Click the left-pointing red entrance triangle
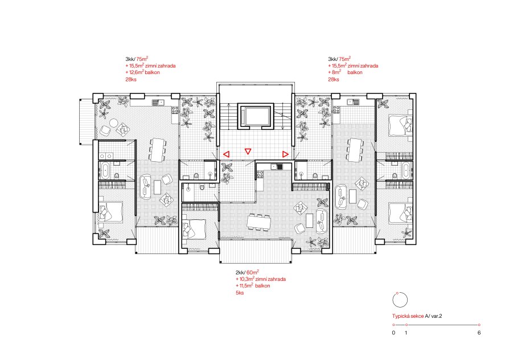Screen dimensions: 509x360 pyautogui.click(x=226, y=154)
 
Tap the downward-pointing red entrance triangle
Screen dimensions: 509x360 pyautogui.click(x=248, y=151)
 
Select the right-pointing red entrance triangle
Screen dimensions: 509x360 pyautogui.click(x=285, y=154)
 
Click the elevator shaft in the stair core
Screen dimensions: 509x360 pyautogui.click(x=256, y=116)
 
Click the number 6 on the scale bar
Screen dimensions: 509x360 pyautogui.click(x=479, y=333)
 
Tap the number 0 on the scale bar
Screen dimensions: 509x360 pyautogui.click(x=394, y=333)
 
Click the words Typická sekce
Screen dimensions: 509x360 pyautogui.click(x=408, y=316)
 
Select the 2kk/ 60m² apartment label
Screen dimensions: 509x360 pyautogui.click(x=247, y=272)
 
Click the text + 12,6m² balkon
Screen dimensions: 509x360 pyautogui.click(x=142, y=72)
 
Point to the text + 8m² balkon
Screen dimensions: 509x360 pyautogui.click(x=345, y=72)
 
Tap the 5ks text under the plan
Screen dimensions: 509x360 pyautogui.click(x=240, y=293)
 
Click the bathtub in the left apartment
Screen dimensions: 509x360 pyautogui.click(x=105, y=170)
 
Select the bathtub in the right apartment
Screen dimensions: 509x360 pyautogui.click(x=407, y=170)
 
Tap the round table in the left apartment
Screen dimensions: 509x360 pyautogui.click(x=114, y=123)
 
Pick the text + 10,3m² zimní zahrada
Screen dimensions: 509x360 pyautogui.click(x=261, y=279)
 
